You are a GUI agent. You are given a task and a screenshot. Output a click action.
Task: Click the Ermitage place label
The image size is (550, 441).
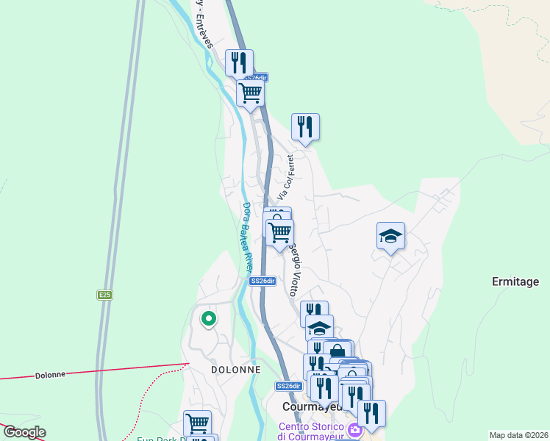click(x=515, y=282)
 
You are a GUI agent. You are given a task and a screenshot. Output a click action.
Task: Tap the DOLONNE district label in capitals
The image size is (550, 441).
click(x=235, y=370)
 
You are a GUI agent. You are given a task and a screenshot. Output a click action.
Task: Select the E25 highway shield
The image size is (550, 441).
click(x=104, y=295)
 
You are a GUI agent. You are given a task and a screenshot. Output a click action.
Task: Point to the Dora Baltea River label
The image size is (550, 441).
click(x=248, y=236)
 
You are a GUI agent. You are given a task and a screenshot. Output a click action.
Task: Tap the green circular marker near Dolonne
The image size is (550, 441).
click(x=208, y=319)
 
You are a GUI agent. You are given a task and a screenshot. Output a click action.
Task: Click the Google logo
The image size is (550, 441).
click(x=24, y=432)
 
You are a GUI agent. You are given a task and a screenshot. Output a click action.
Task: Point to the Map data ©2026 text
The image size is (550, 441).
click(x=518, y=434)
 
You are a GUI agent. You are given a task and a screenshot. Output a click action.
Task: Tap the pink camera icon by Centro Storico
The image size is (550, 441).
click(x=355, y=430)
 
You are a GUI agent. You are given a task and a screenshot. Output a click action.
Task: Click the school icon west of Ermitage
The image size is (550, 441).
click(x=390, y=236)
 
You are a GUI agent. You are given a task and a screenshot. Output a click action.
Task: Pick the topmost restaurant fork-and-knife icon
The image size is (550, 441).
click(x=239, y=62)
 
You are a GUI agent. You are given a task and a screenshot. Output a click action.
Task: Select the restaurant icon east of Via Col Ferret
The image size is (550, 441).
click(x=304, y=126)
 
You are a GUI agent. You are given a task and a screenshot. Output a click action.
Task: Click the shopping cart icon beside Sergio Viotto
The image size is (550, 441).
click(x=279, y=232)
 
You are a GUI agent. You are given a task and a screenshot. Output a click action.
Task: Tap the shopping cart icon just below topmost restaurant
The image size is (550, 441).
click(x=250, y=93)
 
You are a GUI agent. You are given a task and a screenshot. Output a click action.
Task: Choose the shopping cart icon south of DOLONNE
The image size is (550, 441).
click(x=197, y=423)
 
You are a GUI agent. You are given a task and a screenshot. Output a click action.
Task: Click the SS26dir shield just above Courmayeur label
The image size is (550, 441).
click(x=289, y=386)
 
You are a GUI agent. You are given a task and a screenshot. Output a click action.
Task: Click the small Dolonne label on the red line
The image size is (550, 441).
click(x=50, y=375)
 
